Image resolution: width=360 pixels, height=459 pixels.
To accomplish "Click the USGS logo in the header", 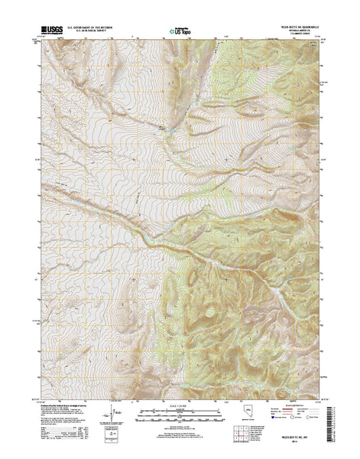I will tap(54, 31).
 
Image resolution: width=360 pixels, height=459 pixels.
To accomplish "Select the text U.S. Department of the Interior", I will tap(95, 28).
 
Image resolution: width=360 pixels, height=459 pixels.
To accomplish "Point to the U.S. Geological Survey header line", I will tap(95, 32).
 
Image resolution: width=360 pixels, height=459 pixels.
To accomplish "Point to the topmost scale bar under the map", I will tap(180, 409).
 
